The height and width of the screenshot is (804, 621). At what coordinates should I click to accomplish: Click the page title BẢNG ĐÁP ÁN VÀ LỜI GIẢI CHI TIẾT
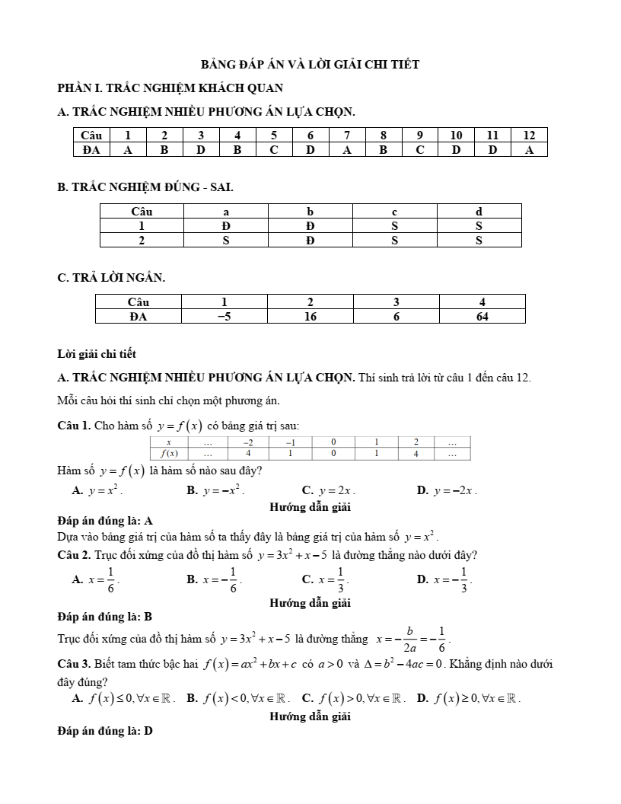click(x=310, y=65)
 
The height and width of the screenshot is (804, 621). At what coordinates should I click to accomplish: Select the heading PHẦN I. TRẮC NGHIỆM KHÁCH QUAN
click(x=170, y=88)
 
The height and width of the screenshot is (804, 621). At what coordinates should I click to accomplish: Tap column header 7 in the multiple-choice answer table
click(x=347, y=135)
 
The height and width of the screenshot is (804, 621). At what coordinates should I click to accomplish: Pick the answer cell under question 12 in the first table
click(x=530, y=150)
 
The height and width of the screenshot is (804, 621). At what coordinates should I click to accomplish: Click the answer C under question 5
click(x=273, y=150)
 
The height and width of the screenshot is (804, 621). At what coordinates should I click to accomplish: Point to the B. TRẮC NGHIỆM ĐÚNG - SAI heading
click(x=145, y=186)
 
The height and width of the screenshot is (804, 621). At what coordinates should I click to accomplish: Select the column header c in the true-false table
click(x=395, y=211)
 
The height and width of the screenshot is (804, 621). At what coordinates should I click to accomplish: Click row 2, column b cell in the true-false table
click(x=310, y=240)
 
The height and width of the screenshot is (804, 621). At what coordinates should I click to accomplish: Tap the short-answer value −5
click(x=225, y=316)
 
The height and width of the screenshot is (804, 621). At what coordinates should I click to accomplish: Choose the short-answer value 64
click(x=482, y=316)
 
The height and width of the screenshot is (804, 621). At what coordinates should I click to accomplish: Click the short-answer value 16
click(x=310, y=316)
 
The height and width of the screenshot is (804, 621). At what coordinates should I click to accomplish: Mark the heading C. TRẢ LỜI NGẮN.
click(x=111, y=278)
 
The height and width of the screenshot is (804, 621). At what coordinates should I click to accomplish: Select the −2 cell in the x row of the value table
click(x=248, y=442)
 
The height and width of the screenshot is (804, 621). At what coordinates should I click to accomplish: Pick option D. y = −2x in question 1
click(x=447, y=491)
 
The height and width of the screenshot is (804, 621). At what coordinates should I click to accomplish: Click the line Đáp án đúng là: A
click(x=105, y=522)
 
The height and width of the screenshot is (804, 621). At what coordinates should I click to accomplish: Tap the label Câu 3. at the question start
click(x=74, y=665)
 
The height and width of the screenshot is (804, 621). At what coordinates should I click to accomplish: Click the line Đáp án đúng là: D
click(x=105, y=731)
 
